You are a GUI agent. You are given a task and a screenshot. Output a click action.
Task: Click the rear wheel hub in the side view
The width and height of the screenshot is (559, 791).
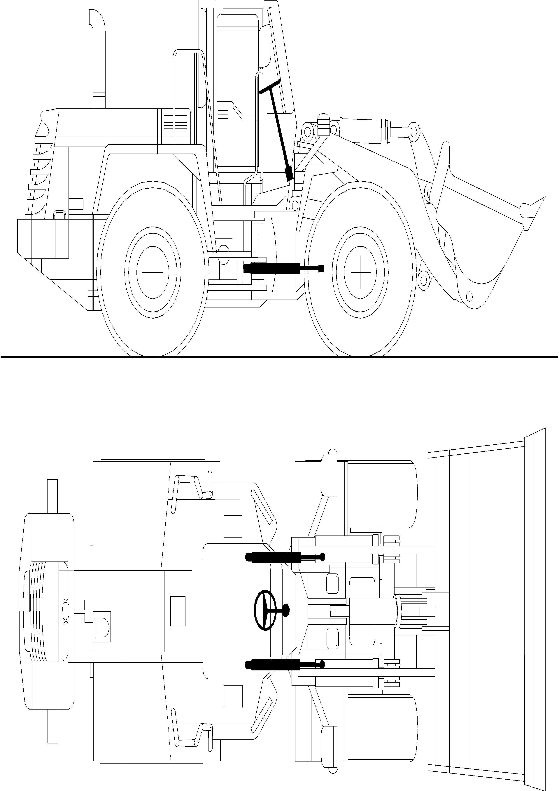pyautogui.click(x=153, y=272)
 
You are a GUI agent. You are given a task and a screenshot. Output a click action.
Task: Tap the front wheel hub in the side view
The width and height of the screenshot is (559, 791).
pyautogui.click(x=360, y=272)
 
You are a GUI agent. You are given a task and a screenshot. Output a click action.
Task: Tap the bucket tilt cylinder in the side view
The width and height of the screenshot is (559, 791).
pyautogui.click(x=365, y=129)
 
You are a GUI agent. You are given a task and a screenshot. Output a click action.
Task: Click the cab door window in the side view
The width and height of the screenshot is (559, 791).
pyautogui.click(x=238, y=62)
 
